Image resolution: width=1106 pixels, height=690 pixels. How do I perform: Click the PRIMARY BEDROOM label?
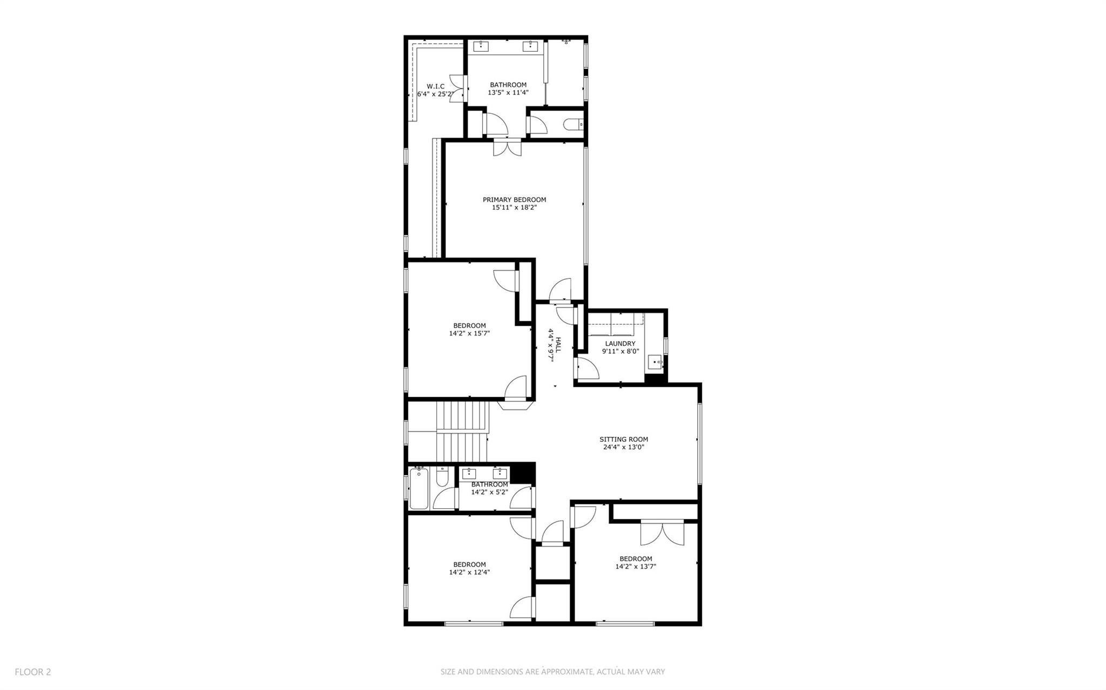click(514, 200)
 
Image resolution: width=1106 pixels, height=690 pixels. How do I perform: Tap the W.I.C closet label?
click(435, 86)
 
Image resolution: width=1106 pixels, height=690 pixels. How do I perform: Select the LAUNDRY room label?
click(620, 344)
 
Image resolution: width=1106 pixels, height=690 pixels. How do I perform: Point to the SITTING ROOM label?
click(623, 439)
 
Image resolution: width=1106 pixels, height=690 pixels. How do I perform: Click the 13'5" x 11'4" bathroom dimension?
click(508, 92)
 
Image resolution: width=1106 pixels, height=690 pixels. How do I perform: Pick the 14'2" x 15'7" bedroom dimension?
click(469, 333)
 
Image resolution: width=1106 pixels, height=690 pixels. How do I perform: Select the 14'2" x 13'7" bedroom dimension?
click(635, 566)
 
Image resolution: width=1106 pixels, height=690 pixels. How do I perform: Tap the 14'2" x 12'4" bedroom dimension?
click(469, 572)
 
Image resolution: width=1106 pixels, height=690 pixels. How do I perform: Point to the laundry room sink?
click(655, 363)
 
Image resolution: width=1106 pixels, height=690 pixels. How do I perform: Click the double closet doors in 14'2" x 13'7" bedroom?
click(662, 533)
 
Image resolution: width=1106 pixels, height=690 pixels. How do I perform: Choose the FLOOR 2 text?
click(33, 672)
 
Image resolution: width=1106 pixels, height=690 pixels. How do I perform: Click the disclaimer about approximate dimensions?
click(552, 672)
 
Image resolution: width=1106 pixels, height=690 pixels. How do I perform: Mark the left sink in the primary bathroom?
click(481, 46)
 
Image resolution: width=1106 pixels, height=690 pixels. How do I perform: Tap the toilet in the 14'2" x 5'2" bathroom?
click(441, 478)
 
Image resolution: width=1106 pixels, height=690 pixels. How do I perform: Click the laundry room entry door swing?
click(587, 369)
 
